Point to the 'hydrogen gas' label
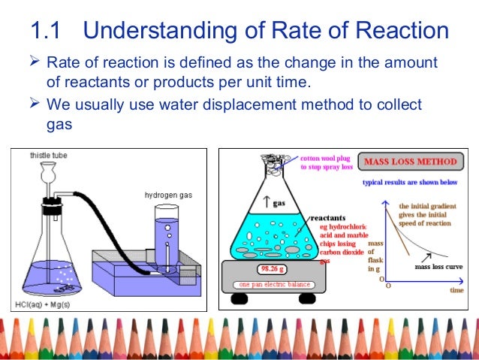[x=169, y=195]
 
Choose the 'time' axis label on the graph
[x=456, y=289]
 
